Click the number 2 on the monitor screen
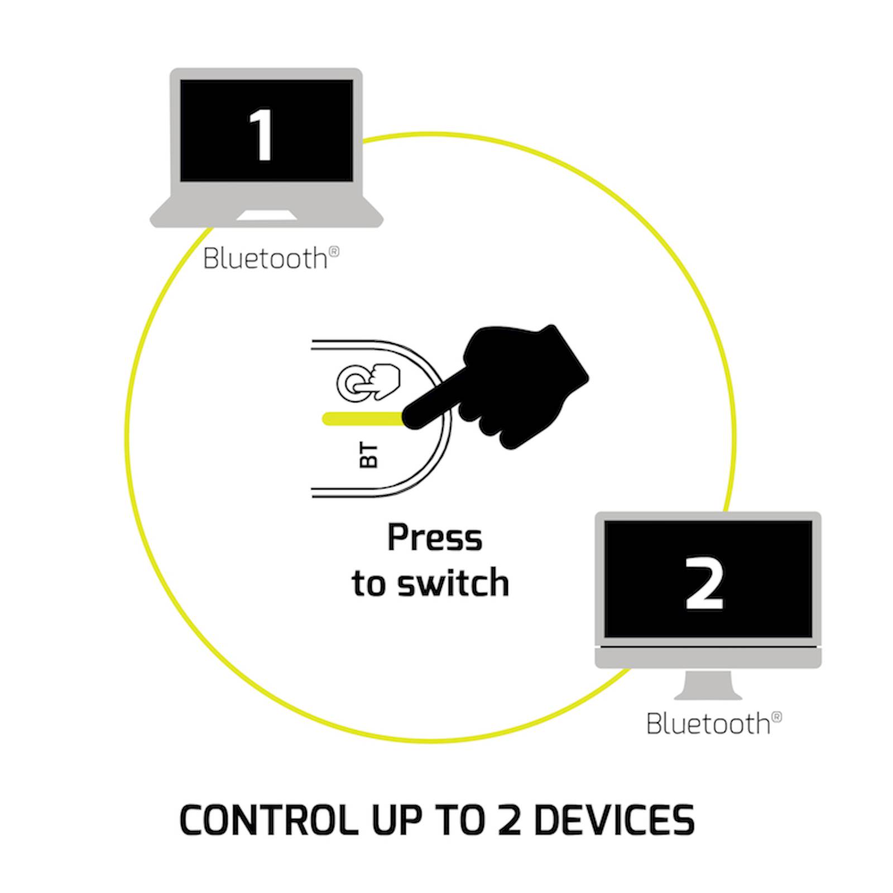coord(704,583)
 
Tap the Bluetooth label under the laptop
coord(266,259)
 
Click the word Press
coord(435,538)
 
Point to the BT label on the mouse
coord(369,456)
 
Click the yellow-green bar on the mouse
coord(363,418)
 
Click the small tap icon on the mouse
coord(368,383)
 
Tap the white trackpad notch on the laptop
coord(266,216)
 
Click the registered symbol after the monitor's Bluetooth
coord(776,717)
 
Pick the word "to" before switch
coord(368,584)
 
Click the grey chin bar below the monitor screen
coord(708,657)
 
